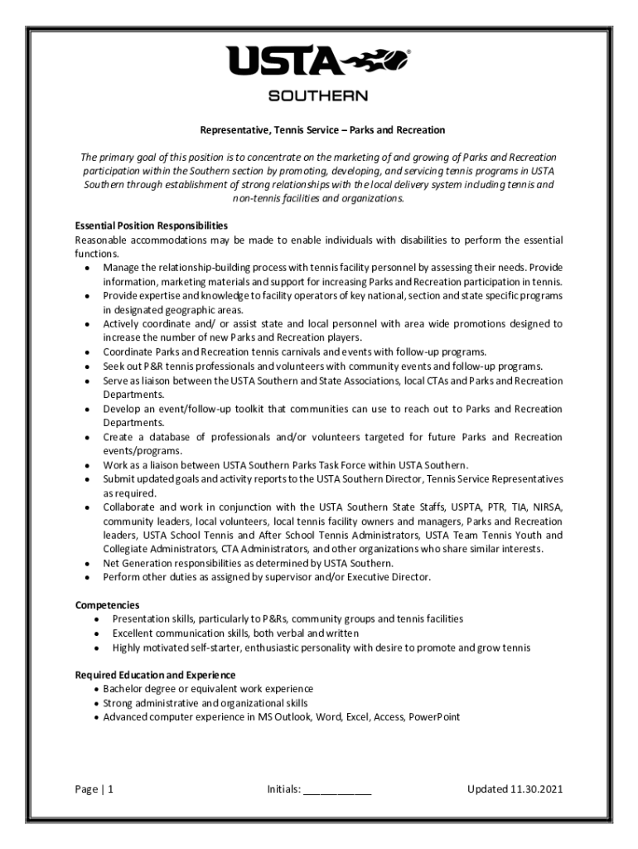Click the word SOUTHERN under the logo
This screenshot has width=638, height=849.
point(318,96)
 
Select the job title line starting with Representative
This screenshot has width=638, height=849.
point(322,130)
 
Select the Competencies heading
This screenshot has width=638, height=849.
point(107,605)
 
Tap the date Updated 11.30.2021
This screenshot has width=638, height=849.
point(515,789)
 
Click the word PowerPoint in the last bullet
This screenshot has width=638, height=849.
point(433,717)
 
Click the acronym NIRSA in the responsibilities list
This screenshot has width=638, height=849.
point(546,507)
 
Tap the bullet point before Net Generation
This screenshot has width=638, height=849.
point(88,563)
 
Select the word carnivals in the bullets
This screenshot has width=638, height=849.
point(278,352)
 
